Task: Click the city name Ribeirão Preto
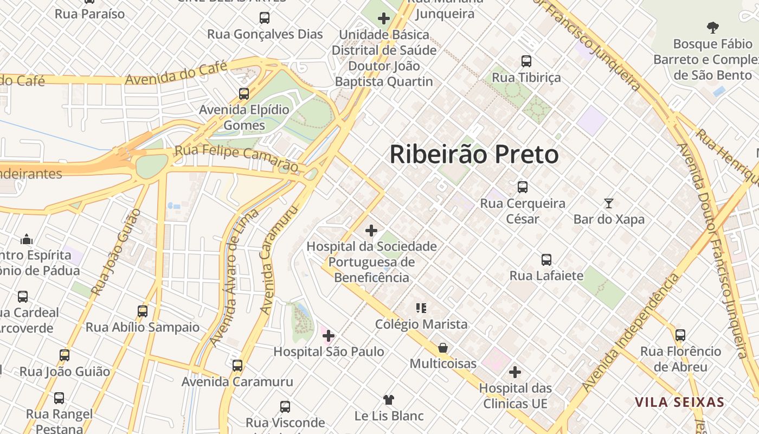[x=474, y=155]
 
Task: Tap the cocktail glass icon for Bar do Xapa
[x=609, y=203]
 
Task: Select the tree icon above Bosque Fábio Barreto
[x=712, y=27]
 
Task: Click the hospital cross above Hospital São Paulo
[x=328, y=336]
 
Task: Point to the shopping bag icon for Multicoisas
[x=443, y=348]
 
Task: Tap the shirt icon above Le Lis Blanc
[x=389, y=400]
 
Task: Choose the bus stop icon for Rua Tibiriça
[x=526, y=61]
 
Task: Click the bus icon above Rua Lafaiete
[x=546, y=260]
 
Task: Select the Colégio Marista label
[x=421, y=324]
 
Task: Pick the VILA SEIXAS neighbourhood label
[x=680, y=403]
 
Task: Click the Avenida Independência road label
[x=631, y=333]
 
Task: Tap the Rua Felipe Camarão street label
[x=236, y=157]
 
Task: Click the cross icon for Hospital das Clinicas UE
[x=515, y=372]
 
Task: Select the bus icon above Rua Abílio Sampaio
[x=143, y=311]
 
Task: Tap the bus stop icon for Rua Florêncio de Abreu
[x=680, y=335]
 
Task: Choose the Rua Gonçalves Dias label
[x=265, y=34]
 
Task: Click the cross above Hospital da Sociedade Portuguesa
[x=371, y=231]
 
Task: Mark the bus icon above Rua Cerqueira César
[x=522, y=187]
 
